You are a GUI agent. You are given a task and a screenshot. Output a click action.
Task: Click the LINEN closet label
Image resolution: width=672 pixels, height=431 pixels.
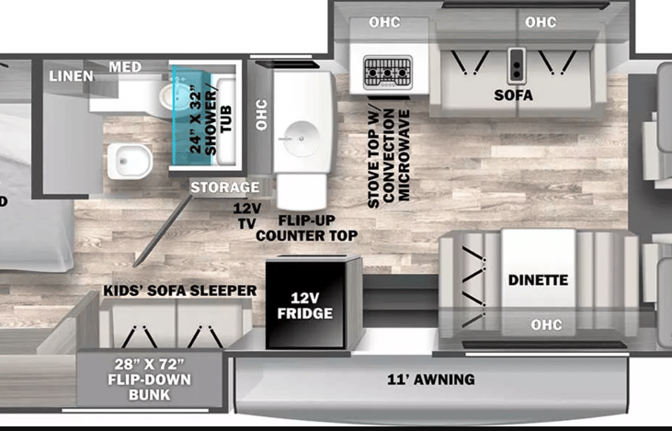pyautogui.click(x=71, y=75)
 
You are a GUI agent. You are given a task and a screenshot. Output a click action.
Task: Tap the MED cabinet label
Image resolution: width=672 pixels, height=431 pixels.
pyautogui.click(x=125, y=67)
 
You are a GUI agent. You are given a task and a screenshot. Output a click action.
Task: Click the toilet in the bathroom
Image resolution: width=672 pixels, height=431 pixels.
pyautogui.click(x=126, y=161)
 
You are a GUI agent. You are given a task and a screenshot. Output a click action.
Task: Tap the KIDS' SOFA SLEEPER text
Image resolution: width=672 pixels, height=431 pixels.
pyautogui.click(x=179, y=290)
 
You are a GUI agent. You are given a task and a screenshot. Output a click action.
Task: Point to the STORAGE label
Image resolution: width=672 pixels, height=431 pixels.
pyautogui.click(x=219, y=187)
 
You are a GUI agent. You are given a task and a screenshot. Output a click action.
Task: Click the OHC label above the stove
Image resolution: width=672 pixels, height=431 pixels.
pyautogui.click(x=385, y=22)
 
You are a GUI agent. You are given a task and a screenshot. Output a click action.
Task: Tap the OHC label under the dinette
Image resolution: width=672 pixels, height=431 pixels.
pyautogui.click(x=546, y=325)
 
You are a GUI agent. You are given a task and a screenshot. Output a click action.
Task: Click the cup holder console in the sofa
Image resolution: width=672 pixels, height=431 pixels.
pyautogui.click(x=517, y=64)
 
